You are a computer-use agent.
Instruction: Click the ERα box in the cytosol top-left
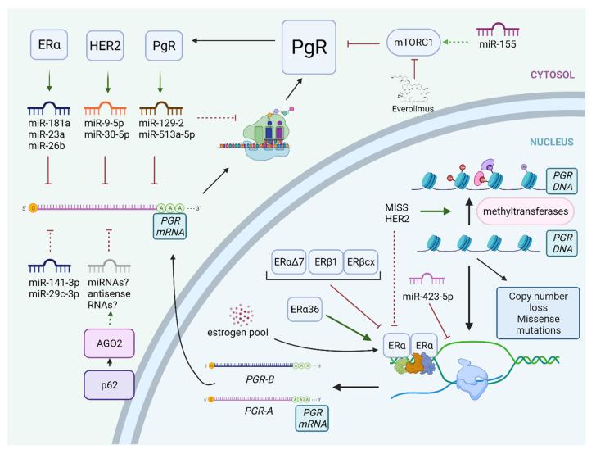pyautogui.click(x=50, y=42)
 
